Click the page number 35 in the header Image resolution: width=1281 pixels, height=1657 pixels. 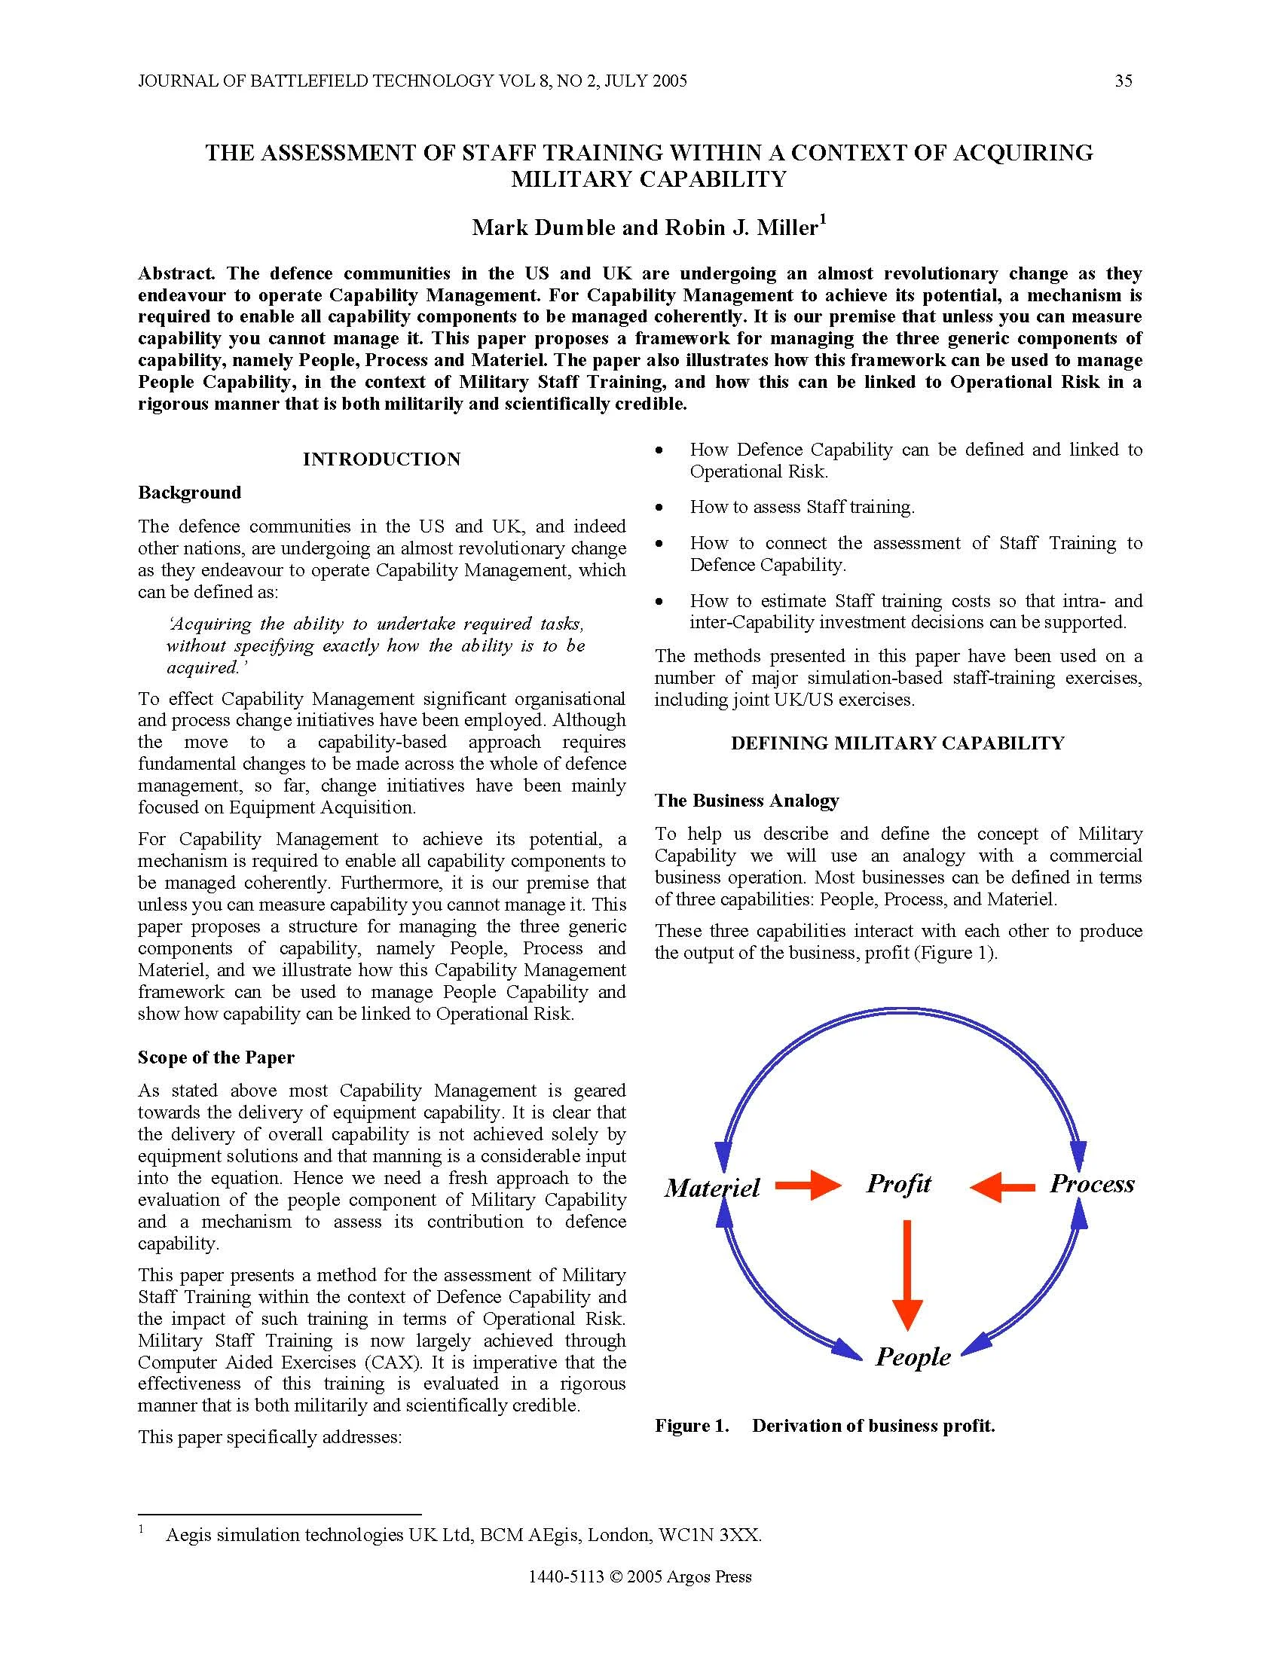tap(1124, 81)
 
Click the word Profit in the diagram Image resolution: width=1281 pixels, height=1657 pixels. tap(898, 1183)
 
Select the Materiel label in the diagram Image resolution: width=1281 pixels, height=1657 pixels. tap(712, 1187)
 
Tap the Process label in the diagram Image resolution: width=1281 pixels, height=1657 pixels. tap(1091, 1183)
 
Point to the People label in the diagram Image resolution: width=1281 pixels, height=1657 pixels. tap(913, 1356)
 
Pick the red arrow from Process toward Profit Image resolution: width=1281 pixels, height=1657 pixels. tap(1002, 1186)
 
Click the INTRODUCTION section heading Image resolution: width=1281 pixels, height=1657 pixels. tap(382, 459)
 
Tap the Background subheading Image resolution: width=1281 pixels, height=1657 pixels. tap(190, 493)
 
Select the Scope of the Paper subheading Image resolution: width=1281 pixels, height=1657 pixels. tap(216, 1057)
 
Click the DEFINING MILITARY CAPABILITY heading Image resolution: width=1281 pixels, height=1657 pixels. tap(897, 743)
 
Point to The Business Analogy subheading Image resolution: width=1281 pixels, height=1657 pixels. tap(747, 801)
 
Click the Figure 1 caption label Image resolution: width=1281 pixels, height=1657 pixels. tap(691, 1426)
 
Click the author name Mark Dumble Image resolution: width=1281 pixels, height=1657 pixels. tap(543, 227)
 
